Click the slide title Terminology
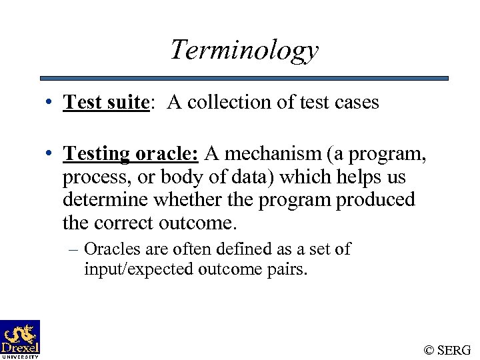(x=244, y=50)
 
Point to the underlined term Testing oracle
(x=131, y=154)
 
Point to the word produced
(x=375, y=199)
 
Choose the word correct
(x=123, y=222)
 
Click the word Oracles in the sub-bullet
(x=108, y=249)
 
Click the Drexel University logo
(x=20, y=339)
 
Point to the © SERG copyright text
(x=447, y=349)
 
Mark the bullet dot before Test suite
(x=51, y=103)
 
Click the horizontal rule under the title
(x=244, y=78)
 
